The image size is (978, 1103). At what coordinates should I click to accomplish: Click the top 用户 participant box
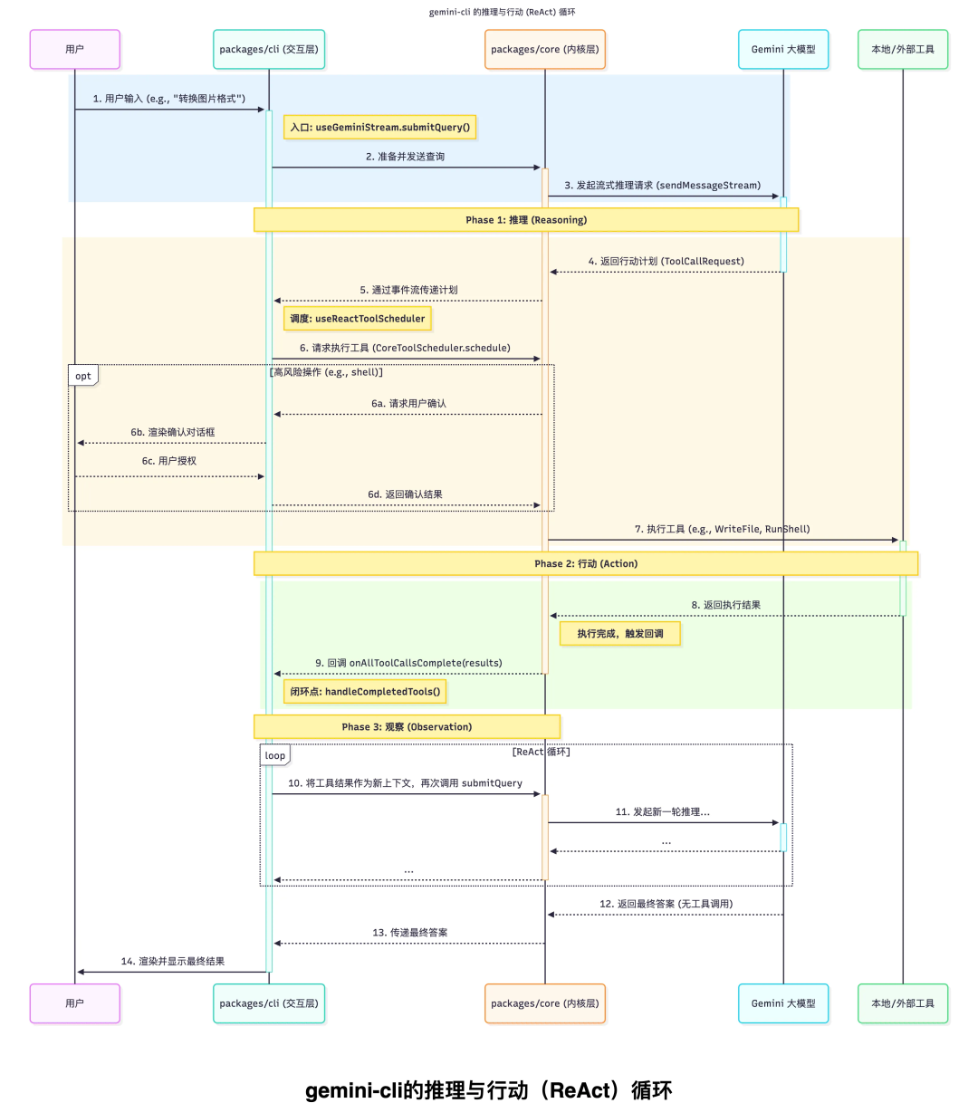click(x=74, y=49)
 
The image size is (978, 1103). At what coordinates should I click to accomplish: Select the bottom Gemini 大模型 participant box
click(x=783, y=1003)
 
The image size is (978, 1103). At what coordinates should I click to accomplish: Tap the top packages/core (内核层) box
click(x=544, y=49)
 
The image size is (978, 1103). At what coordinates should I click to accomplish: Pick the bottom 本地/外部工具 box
click(x=903, y=1003)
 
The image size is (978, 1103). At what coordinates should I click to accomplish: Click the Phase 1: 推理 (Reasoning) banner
click(x=526, y=220)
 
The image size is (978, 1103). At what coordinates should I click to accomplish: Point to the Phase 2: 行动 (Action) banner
click(x=586, y=563)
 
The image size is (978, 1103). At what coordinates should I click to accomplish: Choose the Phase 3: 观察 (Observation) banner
click(x=407, y=726)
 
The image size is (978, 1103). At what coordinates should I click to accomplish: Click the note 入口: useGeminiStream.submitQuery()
click(x=380, y=128)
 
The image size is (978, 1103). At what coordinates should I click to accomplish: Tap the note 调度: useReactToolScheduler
click(x=358, y=319)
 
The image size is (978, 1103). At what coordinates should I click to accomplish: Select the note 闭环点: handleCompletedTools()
click(x=365, y=692)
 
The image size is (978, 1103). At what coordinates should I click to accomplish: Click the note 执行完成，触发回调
click(x=620, y=634)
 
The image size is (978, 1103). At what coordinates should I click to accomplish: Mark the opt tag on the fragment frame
click(x=83, y=376)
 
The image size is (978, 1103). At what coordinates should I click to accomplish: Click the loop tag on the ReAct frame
click(x=275, y=755)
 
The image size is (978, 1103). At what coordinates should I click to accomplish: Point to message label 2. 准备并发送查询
click(x=405, y=157)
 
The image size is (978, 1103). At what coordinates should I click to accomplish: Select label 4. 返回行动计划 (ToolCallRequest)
click(x=666, y=261)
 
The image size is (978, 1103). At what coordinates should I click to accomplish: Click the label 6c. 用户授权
click(x=168, y=461)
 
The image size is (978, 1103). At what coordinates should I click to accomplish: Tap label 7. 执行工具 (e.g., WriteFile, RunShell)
click(x=722, y=529)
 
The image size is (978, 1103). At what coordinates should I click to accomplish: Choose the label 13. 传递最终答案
click(x=409, y=933)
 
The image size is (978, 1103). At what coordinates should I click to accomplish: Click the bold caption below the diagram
click(x=489, y=1090)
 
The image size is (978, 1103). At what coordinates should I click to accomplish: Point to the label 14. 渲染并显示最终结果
click(x=173, y=962)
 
